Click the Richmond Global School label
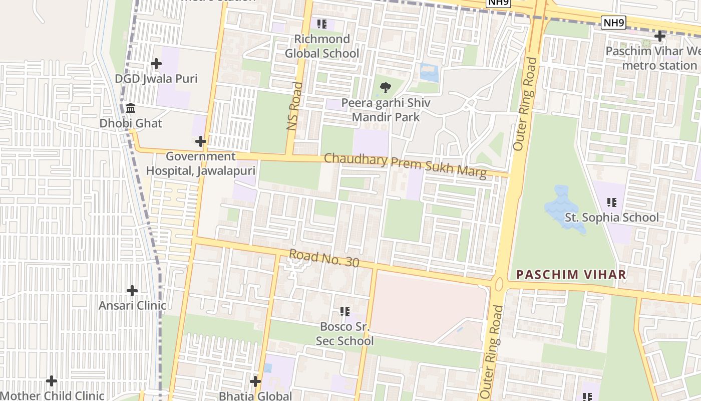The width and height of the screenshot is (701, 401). click(x=322, y=46)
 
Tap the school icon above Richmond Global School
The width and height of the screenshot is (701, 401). click(x=322, y=24)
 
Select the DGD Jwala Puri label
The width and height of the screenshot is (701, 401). click(x=156, y=79)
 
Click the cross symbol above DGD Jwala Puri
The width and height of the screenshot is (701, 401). click(x=156, y=64)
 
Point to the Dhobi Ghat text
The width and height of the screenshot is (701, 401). click(x=131, y=123)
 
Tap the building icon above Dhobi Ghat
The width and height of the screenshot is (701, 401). click(x=131, y=108)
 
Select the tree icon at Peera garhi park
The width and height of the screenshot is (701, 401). click(x=385, y=88)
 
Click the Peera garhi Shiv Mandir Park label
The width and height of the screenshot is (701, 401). click(x=385, y=110)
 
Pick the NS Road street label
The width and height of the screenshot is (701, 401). click(x=295, y=106)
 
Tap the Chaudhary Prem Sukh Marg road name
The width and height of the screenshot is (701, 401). click(x=405, y=166)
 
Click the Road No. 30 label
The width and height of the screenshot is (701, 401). click(x=324, y=258)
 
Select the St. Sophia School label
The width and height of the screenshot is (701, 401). click(x=611, y=218)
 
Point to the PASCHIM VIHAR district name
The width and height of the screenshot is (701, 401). click(x=571, y=275)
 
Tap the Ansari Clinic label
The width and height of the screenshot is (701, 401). click(x=132, y=306)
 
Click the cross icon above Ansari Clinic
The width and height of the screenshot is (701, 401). click(x=132, y=291)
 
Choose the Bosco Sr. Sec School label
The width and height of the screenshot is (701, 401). click(x=344, y=334)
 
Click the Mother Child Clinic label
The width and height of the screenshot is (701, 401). click(x=52, y=395)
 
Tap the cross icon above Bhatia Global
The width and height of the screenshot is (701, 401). click(x=255, y=381)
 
